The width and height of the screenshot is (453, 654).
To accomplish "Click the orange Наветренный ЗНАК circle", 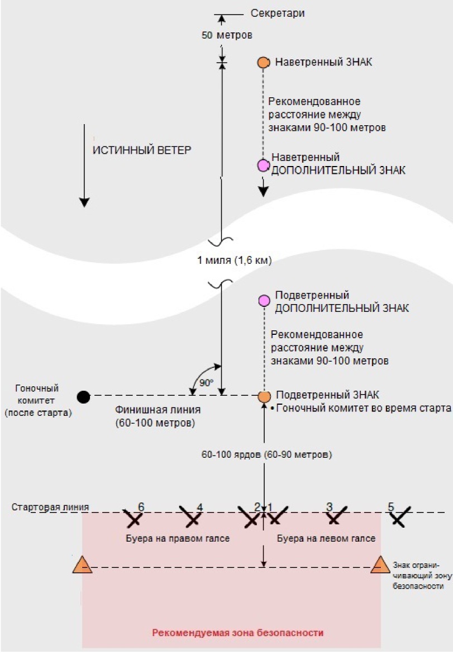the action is point(263,63).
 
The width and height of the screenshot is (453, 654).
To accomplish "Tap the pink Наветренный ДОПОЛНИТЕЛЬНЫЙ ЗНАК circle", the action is point(263,165).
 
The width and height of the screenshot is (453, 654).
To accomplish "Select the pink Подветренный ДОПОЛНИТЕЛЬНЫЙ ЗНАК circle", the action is point(264,300).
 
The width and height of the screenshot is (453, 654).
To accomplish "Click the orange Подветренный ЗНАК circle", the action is point(264,397).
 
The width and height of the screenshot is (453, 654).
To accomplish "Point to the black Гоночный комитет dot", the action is point(84,397).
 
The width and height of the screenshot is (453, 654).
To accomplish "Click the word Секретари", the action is point(278,13).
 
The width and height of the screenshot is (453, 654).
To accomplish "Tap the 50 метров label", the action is point(227,35).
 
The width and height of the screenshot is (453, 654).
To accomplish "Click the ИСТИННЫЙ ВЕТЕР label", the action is point(142,150).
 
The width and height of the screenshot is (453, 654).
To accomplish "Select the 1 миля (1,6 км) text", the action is point(234,260).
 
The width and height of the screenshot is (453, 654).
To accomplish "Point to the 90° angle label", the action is point(206,382).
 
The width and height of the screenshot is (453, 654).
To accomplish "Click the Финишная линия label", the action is point(158,410).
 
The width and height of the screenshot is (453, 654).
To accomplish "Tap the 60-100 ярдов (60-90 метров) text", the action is point(266,454).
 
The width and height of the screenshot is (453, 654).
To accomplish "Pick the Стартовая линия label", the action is point(50,507).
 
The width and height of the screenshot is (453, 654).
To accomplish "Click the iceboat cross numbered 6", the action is point(133,518).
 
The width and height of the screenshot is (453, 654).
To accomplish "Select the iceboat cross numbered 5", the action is point(400,517).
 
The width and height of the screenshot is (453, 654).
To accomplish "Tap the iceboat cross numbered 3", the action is point(337,516).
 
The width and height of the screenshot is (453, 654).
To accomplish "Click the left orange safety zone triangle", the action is point(82,566).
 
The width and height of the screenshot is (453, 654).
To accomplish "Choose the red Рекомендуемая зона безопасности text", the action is point(237,633).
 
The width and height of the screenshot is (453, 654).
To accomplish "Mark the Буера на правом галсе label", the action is point(178,538).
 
